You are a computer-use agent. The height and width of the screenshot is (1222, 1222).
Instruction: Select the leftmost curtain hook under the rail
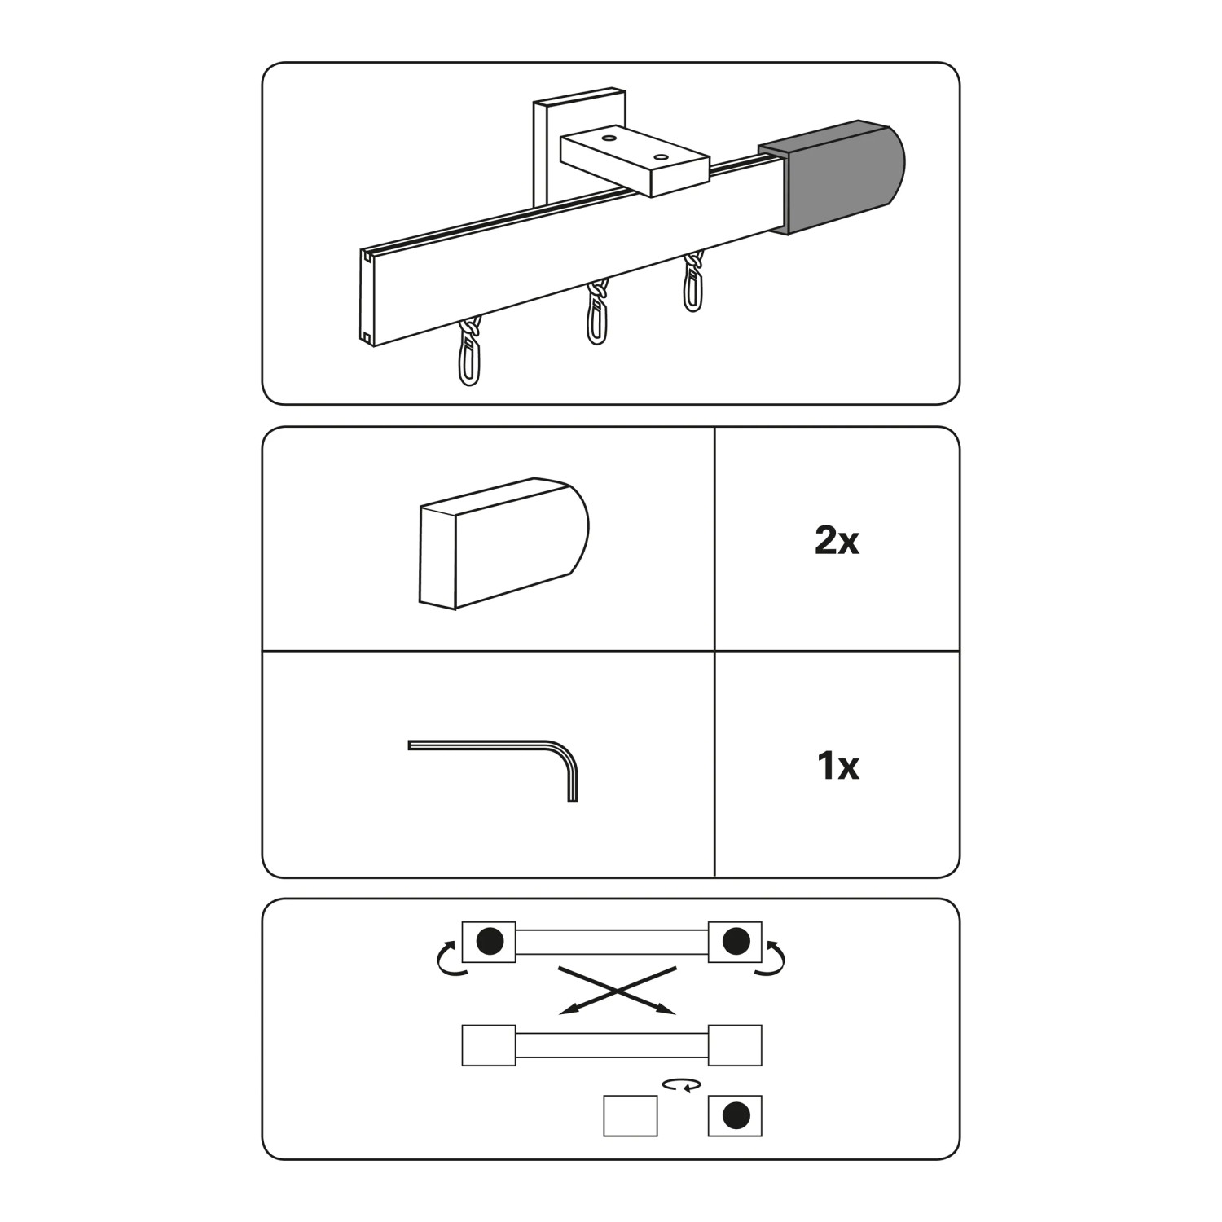469,351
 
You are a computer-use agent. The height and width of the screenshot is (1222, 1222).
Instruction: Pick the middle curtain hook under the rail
598,314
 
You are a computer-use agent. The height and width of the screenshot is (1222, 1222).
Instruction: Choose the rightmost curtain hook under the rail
693,282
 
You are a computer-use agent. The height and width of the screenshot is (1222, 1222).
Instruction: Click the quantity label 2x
837,540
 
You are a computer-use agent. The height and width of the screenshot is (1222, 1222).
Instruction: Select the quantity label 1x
837,766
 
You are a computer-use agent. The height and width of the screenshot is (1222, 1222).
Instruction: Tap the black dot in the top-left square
489,941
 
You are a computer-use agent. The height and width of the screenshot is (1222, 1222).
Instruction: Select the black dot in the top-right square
736,941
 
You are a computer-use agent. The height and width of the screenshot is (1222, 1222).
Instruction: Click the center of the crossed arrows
618,991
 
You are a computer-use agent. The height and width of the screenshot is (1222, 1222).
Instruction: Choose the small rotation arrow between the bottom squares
682,1085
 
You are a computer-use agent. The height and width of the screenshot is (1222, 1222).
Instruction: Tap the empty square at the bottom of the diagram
631,1115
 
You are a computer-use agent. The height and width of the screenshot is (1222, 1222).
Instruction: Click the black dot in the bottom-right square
736,1115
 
